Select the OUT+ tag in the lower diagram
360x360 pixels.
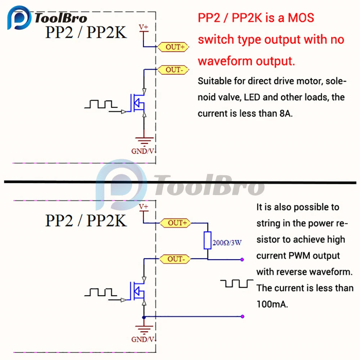coord(176,223)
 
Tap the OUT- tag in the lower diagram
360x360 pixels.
coord(176,259)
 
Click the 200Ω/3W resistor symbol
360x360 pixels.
coord(207,240)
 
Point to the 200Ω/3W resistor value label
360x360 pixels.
coord(227,243)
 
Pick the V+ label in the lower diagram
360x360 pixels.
coord(143,207)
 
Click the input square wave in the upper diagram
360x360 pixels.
coord(101,104)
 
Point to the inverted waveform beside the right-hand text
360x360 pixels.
coord(237,284)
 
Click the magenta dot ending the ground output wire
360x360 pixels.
coord(243,317)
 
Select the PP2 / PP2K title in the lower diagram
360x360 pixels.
coord(86,220)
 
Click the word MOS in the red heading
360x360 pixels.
coord(301,18)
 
